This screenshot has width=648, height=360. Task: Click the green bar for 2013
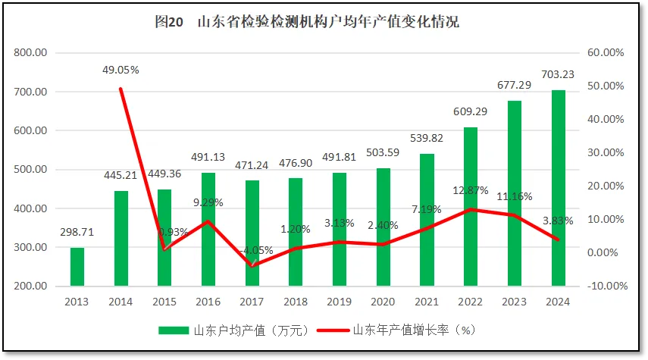pos(77,267)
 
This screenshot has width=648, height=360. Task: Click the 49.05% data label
pos(121,70)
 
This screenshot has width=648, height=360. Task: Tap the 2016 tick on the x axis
pos(208,302)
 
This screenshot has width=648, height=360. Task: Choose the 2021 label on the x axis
pos(427,302)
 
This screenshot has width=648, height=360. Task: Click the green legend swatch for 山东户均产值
pos(174,330)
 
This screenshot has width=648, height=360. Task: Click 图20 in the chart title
pos(170,22)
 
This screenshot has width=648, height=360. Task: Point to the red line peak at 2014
pos(121,89)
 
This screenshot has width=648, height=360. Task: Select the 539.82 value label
pos(427,139)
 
